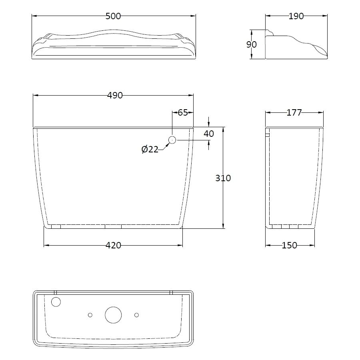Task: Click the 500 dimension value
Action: [113, 16]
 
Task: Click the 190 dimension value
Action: [296, 16]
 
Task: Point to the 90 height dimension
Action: [252, 44]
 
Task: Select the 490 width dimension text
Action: [115, 95]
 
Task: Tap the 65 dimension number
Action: [183, 112]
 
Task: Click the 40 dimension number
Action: [209, 134]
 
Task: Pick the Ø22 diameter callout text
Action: [150, 150]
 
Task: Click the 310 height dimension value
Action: [223, 178]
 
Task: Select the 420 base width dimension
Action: [113, 246]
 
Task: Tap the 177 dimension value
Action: [294, 112]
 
